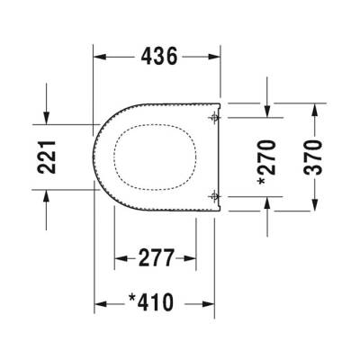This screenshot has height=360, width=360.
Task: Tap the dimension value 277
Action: (x=156, y=259)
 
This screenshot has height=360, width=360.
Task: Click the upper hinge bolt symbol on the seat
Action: (x=213, y=117)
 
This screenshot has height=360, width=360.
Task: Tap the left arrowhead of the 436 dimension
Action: (x=102, y=57)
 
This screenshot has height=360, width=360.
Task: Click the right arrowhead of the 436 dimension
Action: (x=215, y=57)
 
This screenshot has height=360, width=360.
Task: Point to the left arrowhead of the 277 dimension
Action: (x=121, y=259)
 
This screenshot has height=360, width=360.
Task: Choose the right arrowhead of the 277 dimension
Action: (x=192, y=259)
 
